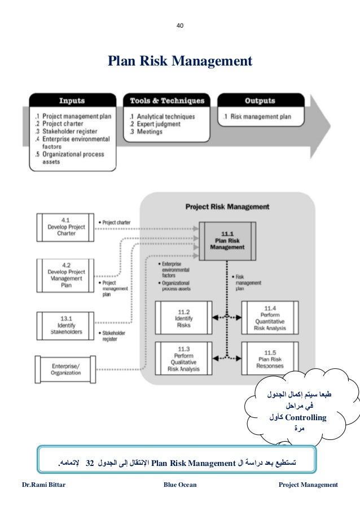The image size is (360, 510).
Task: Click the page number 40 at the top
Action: (x=180, y=25)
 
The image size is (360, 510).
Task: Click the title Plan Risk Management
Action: (x=180, y=60)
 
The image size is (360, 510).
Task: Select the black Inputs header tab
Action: (x=72, y=101)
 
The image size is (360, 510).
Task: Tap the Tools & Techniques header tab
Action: (x=166, y=101)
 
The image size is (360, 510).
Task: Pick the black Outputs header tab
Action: (x=260, y=101)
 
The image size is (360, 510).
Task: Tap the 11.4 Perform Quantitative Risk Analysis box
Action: (x=269, y=318)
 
